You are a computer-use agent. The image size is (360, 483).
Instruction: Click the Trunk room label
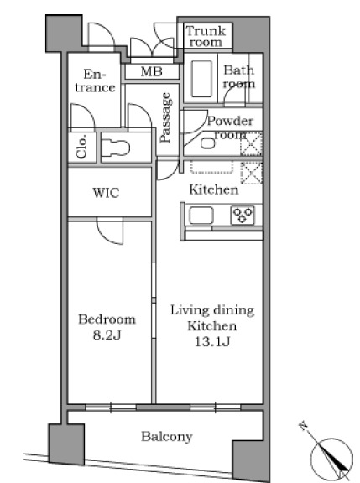click(x=206, y=36)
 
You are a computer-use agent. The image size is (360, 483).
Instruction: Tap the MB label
click(x=152, y=72)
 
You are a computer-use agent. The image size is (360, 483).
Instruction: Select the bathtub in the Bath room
click(x=201, y=79)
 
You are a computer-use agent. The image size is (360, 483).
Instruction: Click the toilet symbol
click(x=116, y=148)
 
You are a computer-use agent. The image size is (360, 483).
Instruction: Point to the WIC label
click(x=106, y=193)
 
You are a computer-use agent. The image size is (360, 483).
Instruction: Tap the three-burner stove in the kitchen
click(x=243, y=215)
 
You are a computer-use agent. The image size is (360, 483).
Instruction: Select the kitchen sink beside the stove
click(x=201, y=215)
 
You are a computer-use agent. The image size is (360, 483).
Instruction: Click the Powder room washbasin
click(x=208, y=143)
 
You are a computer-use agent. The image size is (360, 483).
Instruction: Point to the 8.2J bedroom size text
click(x=107, y=335)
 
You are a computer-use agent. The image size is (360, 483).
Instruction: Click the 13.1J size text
click(x=212, y=341)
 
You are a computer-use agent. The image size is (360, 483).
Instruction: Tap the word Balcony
click(x=167, y=437)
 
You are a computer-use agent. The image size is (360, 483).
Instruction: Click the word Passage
click(x=165, y=117)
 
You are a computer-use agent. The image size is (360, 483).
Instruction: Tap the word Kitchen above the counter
click(x=214, y=190)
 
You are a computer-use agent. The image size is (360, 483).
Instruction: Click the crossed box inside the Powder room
click(x=251, y=144)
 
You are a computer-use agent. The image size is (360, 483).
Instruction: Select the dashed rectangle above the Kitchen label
click(x=211, y=166)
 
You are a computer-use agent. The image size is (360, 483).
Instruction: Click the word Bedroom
click(x=107, y=319)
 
